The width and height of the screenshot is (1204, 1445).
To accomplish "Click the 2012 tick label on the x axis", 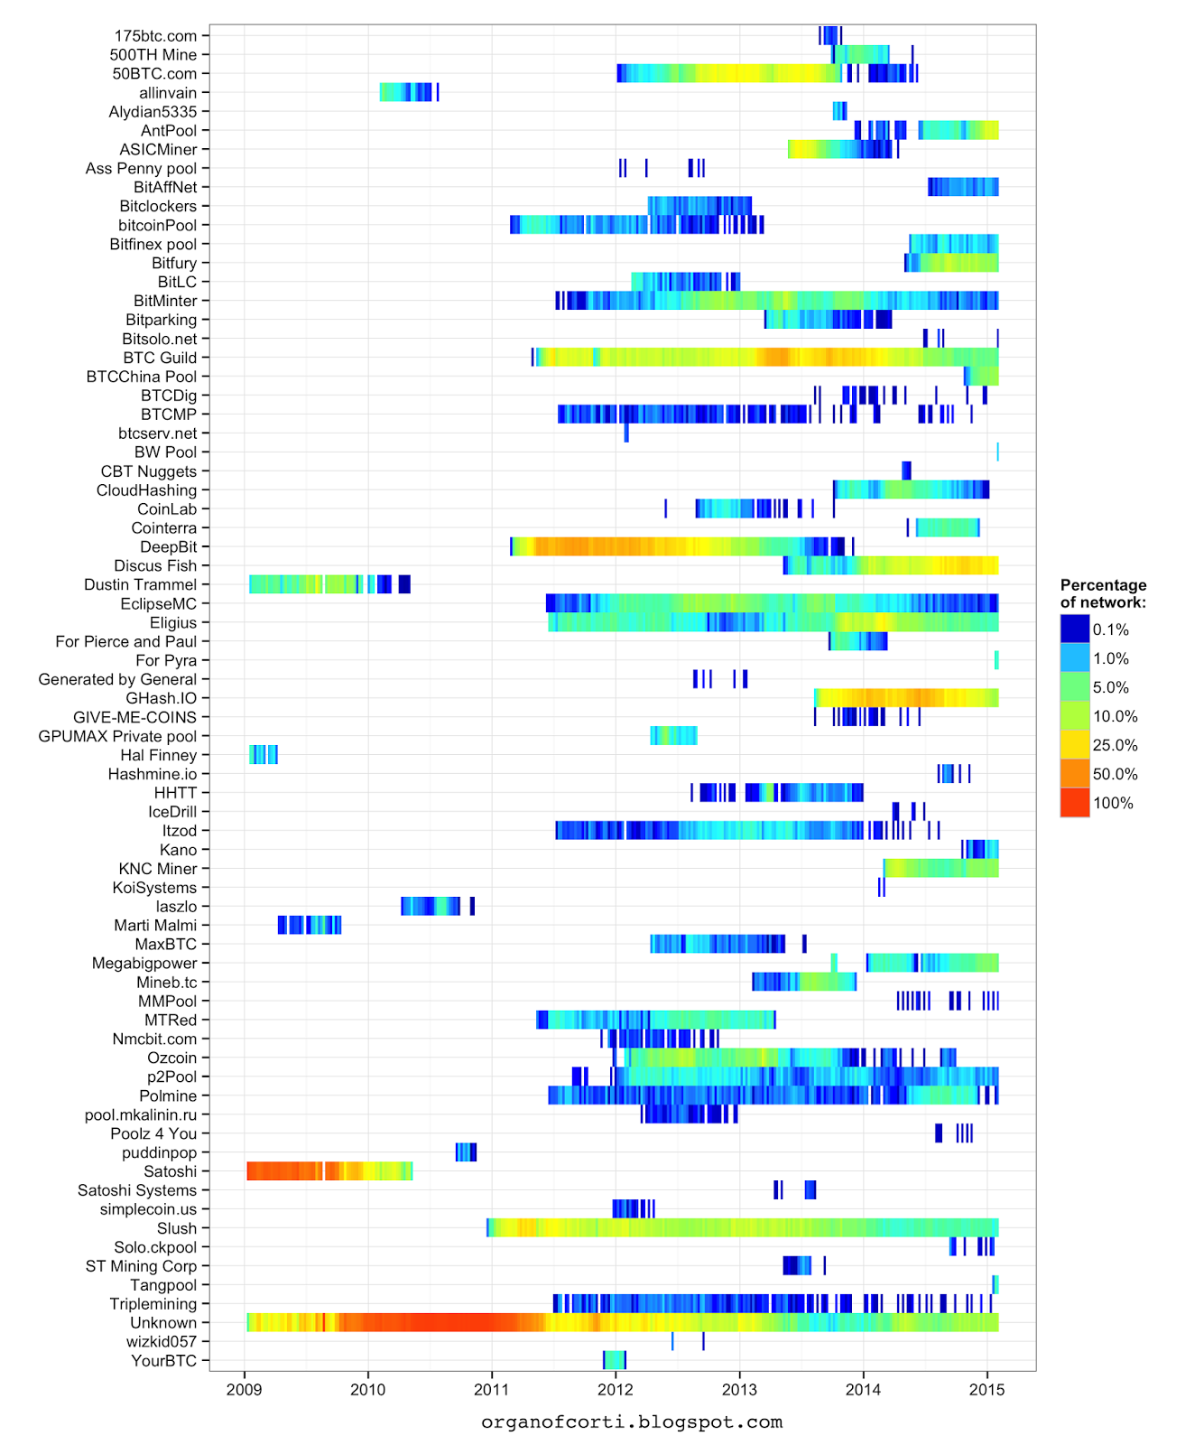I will click(x=616, y=1389).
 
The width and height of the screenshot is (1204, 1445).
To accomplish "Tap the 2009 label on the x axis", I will click(x=244, y=1389).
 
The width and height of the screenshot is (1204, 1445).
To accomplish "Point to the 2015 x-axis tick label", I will click(x=986, y=1389).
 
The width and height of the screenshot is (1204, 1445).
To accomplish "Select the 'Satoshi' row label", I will click(x=170, y=1171).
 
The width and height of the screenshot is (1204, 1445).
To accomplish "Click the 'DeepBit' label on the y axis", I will click(x=168, y=547).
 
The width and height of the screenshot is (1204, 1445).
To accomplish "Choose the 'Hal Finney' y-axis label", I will click(x=158, y=755).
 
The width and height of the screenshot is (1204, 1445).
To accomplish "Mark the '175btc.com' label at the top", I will click(x=155, y=36).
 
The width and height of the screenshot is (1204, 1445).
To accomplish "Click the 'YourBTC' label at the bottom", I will click(x=163, y=1361).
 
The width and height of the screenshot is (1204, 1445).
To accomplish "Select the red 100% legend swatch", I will click(x=1075, y=803).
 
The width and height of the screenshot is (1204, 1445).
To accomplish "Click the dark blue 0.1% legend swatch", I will click(x=1075, y=629).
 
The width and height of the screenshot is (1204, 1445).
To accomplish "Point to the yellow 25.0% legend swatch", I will click(x=1075, y=745).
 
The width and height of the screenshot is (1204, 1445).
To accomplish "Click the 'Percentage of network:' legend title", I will click(x=1103, y=593).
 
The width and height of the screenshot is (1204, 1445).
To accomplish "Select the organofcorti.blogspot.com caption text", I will click(x=632, y=1422).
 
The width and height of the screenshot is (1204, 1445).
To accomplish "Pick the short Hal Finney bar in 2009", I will click(x=263, y=755).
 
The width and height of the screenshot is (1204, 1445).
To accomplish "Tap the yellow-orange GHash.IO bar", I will click(x=903, y=698).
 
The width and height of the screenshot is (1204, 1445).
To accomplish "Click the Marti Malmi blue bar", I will click(x=310, y=925).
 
